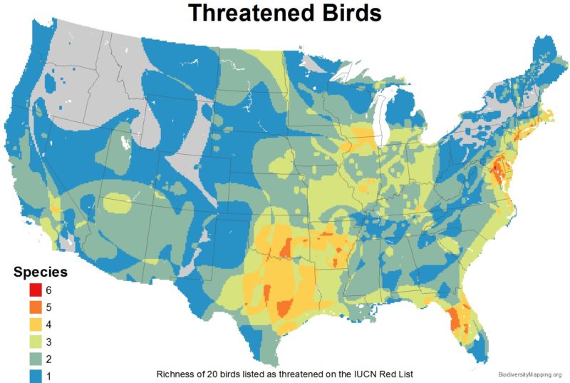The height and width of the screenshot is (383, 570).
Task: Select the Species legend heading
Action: (41, 272)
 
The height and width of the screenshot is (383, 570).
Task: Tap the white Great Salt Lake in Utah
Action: (125, 143)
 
